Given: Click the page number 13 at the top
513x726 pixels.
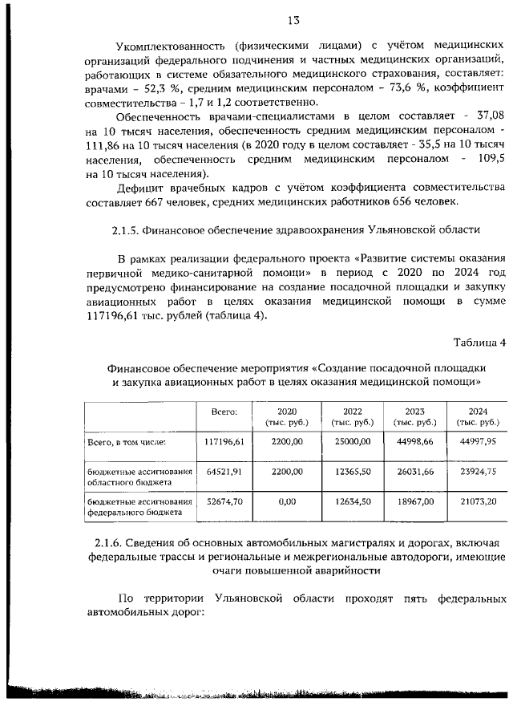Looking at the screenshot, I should [x=256, y=22].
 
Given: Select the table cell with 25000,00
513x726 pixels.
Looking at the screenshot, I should [x=351, y=441].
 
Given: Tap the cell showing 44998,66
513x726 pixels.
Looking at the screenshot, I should [x=414, y=441].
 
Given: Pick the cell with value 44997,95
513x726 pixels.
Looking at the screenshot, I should [x=477, y=441].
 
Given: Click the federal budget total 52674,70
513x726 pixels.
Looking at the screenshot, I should [x=229, y=501].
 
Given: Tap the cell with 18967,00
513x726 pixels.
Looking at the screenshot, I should [x=414, y=501].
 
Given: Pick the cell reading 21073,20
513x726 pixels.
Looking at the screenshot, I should [x=477, y=501].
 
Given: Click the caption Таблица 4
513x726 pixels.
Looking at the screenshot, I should [x=479, y=343].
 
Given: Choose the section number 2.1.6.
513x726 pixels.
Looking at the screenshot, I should [x=109, y=546].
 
